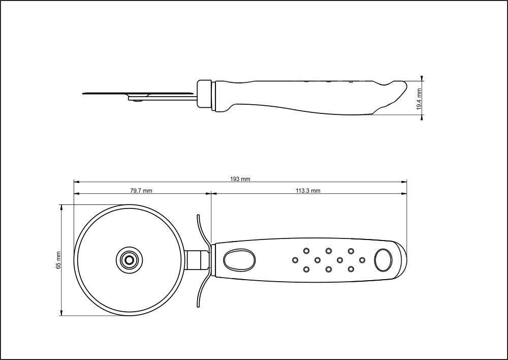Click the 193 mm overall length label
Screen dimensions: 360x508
pyautogui.click(x=240, y=179)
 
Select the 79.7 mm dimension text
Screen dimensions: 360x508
pyautogui.click(x=141, y=191)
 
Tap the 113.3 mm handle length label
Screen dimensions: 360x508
pyautogui.click(x=308, y=191)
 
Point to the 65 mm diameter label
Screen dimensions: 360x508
pyautogui.click(x=58, y=260)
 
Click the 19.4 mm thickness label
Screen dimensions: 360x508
pyautogui.click(x=419, y=99)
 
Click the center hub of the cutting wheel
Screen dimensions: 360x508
pyautogui.click(x=129, y=260)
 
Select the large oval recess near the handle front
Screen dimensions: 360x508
pyautogui.click(x=239, y=260)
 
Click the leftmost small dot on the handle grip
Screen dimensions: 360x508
pyautogui.click(x=295, y=260)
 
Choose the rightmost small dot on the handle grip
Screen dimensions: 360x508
pyautogui.click(x=362, y=260)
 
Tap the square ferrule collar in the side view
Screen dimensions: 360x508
pyautogui.click(x=205, y=94)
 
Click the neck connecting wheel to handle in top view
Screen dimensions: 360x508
pyautogui.click(x=196, y=260)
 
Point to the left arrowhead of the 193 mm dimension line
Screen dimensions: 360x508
pyautogui.click(x=76, y=182)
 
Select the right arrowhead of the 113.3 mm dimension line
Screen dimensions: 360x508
pyautogui.click(x=405, y=194)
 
